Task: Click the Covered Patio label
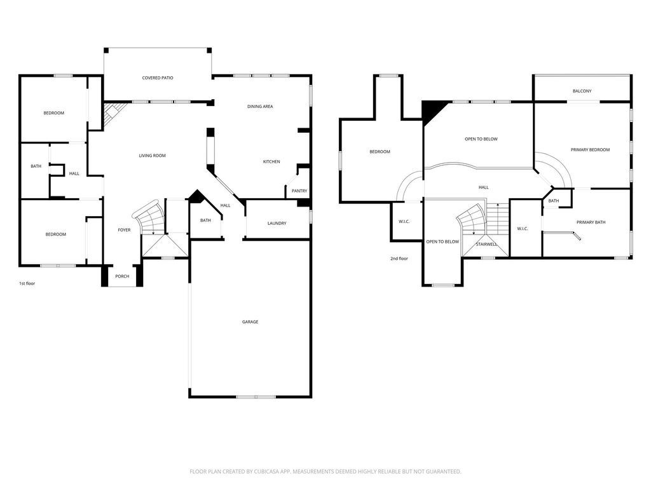pos(158,78)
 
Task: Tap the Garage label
pos(250,322)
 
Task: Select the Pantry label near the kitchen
pos(299,191)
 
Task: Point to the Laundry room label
pos(277,223)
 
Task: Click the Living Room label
pos(153,156)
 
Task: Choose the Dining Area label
pos(260,107)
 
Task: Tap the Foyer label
pos(124,230)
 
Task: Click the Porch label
pos(122,276)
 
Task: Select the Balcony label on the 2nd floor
pos(582,91)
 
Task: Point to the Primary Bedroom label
pos(591,150)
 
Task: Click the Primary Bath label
pos(591,222)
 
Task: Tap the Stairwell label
pos(486,245)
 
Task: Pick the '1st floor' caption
pos(27,284)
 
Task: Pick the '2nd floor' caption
pos(399,259)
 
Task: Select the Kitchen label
pos(271,162)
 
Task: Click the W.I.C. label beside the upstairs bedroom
pos(404,222)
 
